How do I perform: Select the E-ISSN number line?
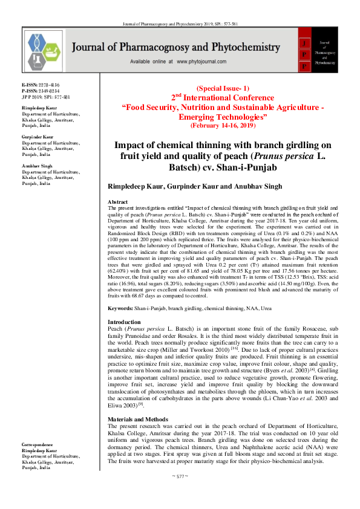(x=41, y=85)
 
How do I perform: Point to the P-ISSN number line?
(x=41, y=91)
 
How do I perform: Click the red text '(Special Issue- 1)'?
(x=223, y=88)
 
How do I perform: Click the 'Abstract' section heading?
(x=117, y=201)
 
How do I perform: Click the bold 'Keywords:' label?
(x=120, y=308)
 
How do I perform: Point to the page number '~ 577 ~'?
(x=180, y=476)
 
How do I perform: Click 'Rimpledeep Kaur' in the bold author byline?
(x=135, y=187)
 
